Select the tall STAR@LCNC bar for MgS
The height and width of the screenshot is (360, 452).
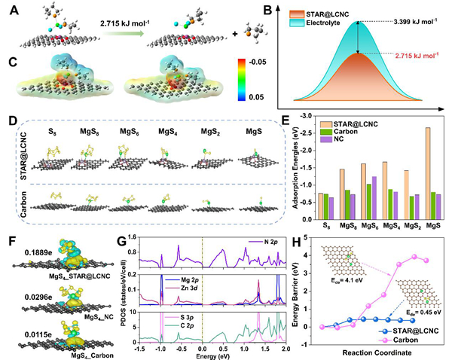[x=428, y=171]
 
